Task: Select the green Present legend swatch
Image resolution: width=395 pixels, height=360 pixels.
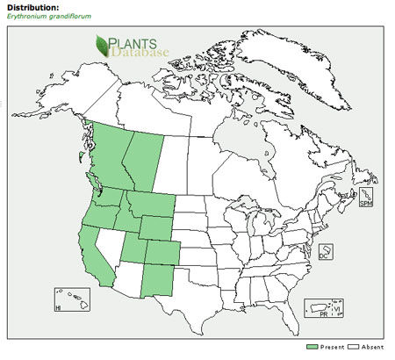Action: point(311,348)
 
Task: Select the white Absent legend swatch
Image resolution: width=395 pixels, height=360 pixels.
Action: point(351,348)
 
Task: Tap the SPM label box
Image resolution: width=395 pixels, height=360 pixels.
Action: point(366,202)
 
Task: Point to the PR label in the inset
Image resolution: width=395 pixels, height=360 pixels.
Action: point(322,313)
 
